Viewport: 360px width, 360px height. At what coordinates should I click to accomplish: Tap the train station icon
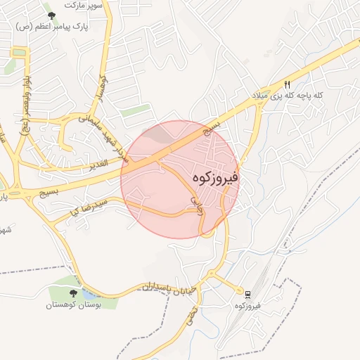tap(247, 292)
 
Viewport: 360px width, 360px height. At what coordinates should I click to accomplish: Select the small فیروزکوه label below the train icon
tap(250, 306)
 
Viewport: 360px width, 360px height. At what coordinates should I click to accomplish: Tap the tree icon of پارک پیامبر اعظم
tap(51, 15)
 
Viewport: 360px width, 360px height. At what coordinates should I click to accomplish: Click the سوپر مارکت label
tap(84, 4)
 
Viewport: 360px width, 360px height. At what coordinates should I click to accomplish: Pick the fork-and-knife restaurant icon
tap(287, 83)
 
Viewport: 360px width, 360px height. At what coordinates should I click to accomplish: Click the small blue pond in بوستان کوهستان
tap(89, 294)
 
